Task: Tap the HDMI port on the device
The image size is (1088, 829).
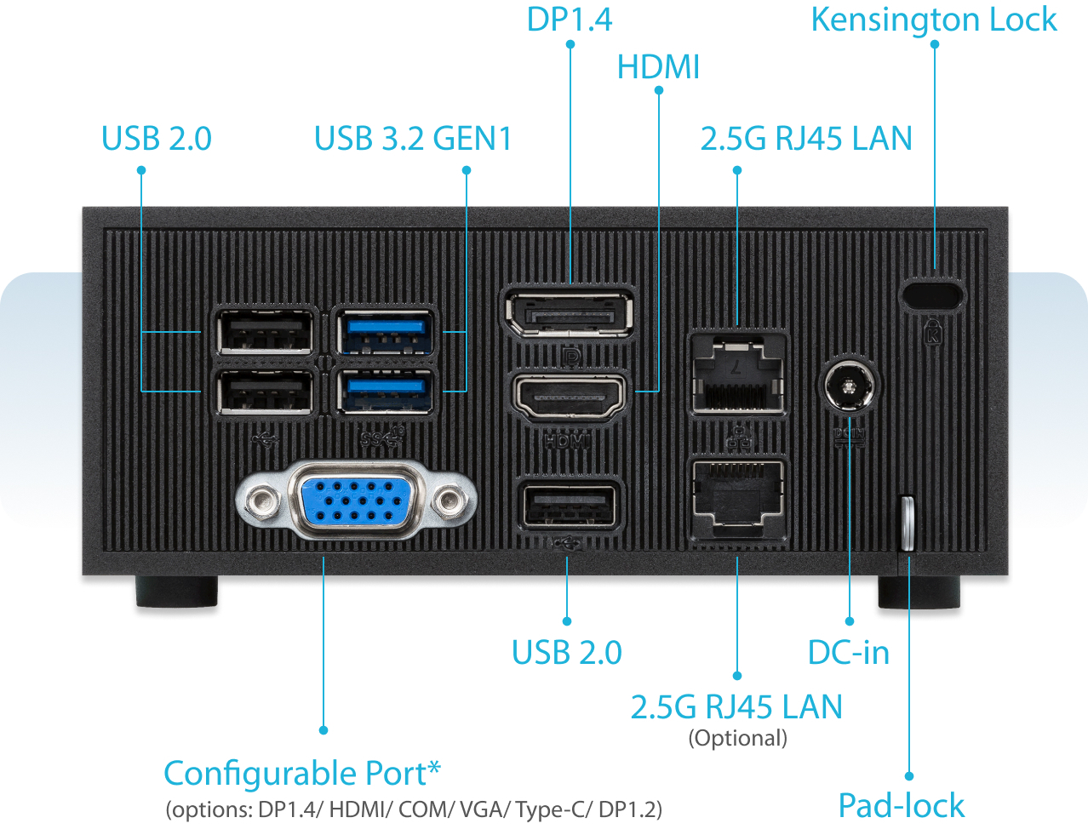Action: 569,395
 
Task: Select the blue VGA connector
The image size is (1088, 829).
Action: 356,500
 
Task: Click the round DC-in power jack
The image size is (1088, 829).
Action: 850,386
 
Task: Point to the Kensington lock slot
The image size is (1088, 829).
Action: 933,294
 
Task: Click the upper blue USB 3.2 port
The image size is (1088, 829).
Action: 386,332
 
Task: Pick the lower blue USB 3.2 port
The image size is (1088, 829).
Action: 386,392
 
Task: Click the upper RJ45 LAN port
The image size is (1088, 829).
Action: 737,374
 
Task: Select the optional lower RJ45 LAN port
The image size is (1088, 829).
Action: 737,498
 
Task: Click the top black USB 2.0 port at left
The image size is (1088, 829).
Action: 266,332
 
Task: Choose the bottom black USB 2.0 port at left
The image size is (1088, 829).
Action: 266,393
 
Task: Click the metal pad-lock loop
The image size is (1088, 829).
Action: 907,523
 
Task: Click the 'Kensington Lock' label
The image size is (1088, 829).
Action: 934,20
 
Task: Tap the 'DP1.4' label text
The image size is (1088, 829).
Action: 569,20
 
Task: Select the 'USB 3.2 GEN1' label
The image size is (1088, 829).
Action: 413,139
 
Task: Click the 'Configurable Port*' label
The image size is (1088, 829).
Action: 302,774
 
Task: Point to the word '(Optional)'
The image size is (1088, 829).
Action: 737,738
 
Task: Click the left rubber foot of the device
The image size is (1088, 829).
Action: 177,592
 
